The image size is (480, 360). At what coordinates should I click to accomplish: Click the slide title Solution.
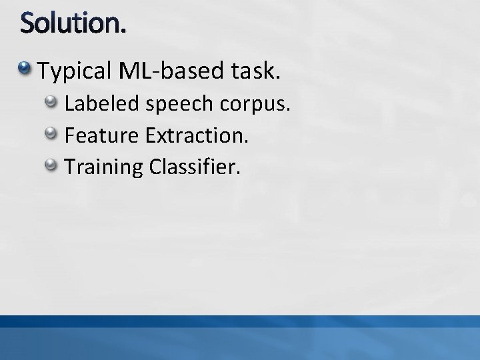72,25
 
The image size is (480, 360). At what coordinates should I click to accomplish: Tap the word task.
254,69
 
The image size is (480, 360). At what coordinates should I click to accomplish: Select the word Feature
101,135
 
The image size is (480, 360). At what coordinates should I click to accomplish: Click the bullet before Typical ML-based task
25,68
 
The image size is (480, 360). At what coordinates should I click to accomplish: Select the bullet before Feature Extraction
51,134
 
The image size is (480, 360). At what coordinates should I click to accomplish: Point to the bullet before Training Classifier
51,165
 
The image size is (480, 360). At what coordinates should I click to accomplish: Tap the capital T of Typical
44,69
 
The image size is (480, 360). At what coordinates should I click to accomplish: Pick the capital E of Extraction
149,135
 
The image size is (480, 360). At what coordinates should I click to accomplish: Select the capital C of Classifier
157,166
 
